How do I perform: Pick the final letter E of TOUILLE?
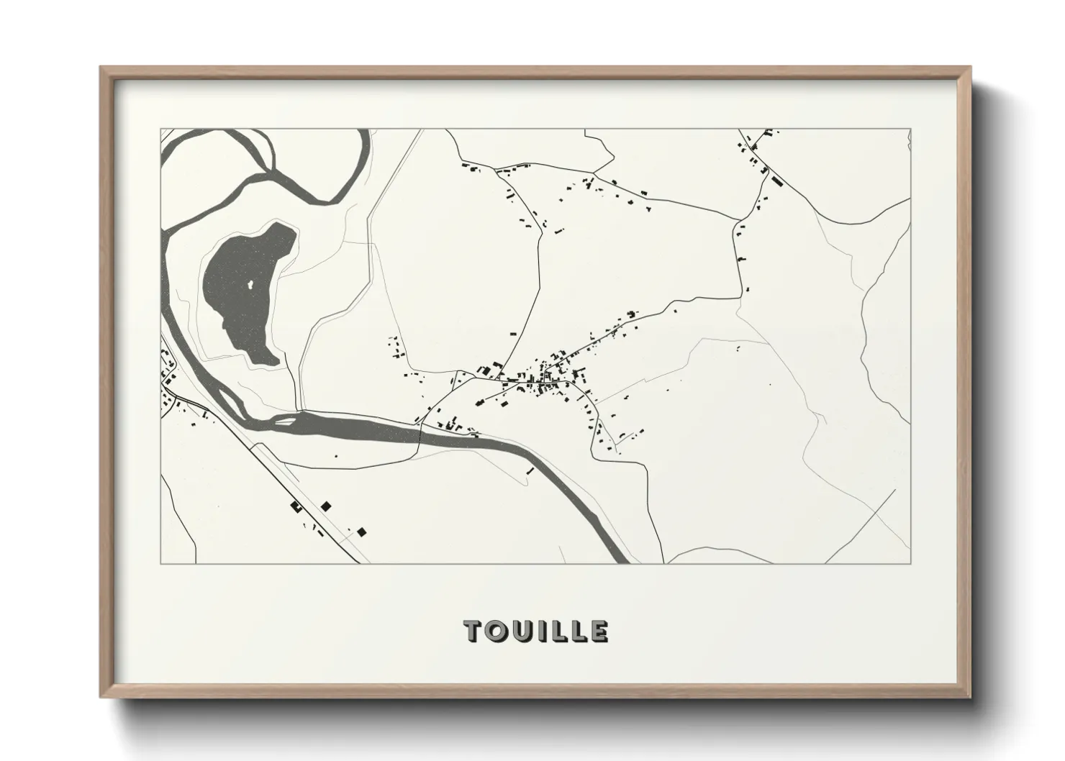[599, 632]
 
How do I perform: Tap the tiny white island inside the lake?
[250, 286]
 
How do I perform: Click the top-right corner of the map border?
[911, 129]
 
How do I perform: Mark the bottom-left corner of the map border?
[160, 563]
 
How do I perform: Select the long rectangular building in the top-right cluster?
[776, 180]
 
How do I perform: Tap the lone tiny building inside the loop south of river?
[336, 455]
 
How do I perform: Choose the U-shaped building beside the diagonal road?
[296, 507]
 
